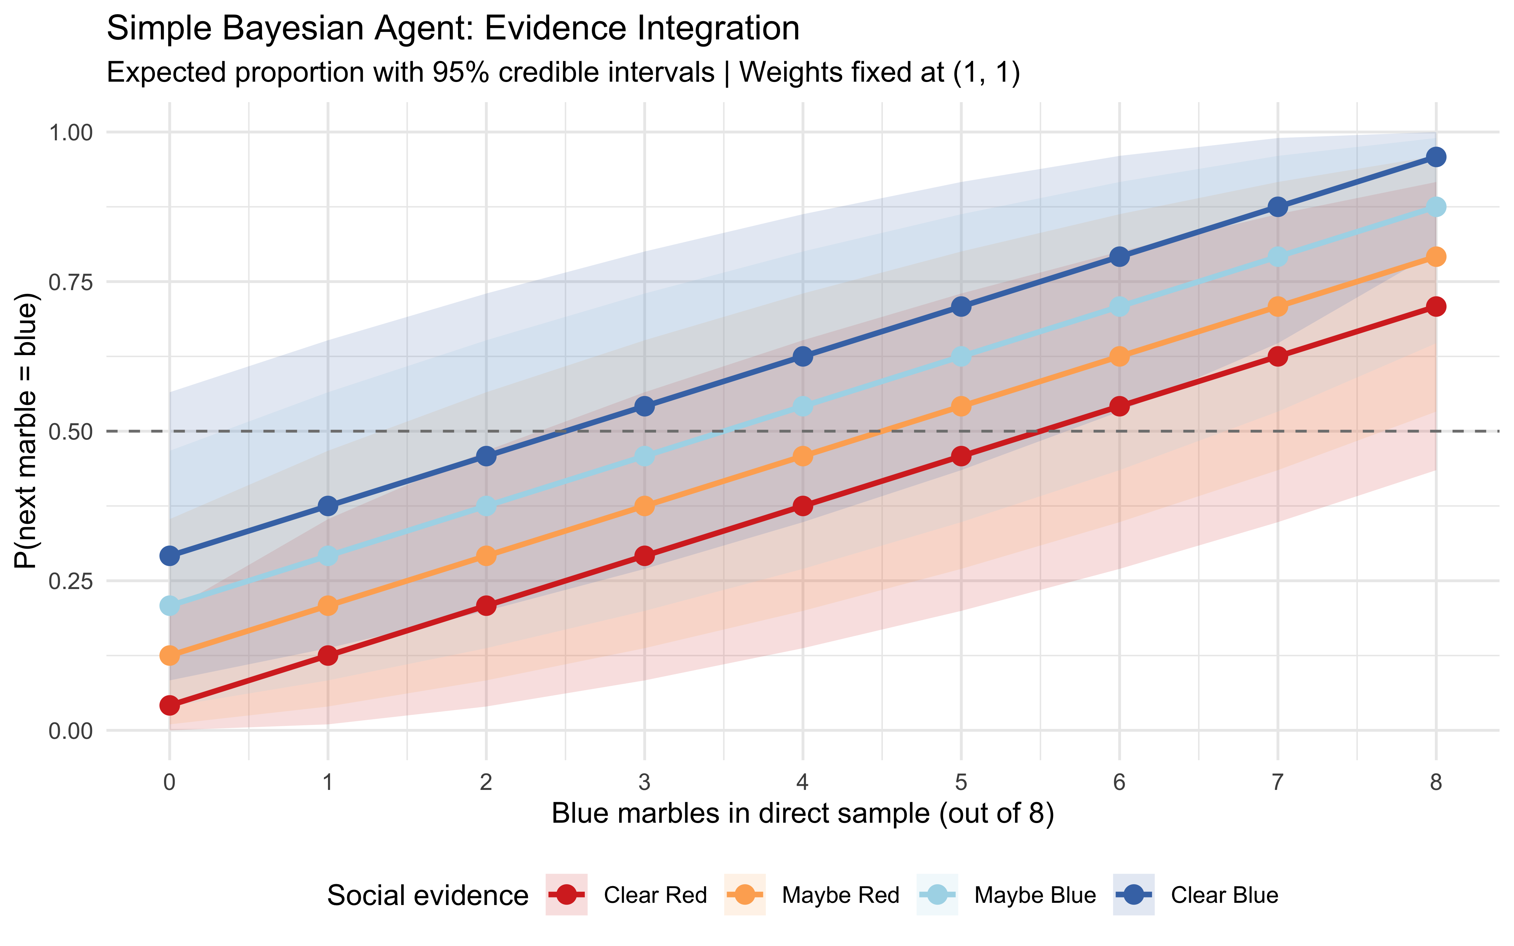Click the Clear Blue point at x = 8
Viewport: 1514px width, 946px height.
[x=1436, y=156]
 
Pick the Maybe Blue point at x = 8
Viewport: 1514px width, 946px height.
[x=1436, y=207]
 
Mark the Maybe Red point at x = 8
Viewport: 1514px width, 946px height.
[x=1436, y=256]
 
